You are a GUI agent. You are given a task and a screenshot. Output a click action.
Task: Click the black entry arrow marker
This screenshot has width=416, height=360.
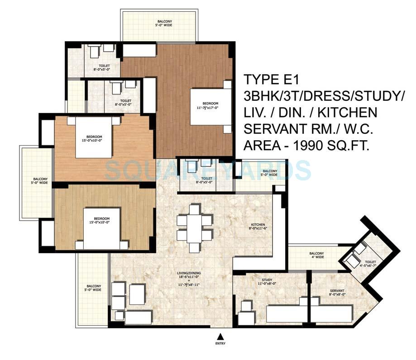(220, 336)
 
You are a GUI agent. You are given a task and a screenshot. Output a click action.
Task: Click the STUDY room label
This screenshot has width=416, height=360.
(252, 281)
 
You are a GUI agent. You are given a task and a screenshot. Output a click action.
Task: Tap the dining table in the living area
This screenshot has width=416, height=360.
(194, 228)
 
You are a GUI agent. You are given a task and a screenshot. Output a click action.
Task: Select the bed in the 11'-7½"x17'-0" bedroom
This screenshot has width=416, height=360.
(210, 107)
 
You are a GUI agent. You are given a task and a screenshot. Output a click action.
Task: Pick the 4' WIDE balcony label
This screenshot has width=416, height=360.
(316, 255)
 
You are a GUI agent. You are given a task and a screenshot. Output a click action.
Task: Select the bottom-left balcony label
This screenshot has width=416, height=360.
(94, 289)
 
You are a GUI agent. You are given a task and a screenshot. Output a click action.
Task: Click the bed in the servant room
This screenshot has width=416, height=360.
(331, 313)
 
